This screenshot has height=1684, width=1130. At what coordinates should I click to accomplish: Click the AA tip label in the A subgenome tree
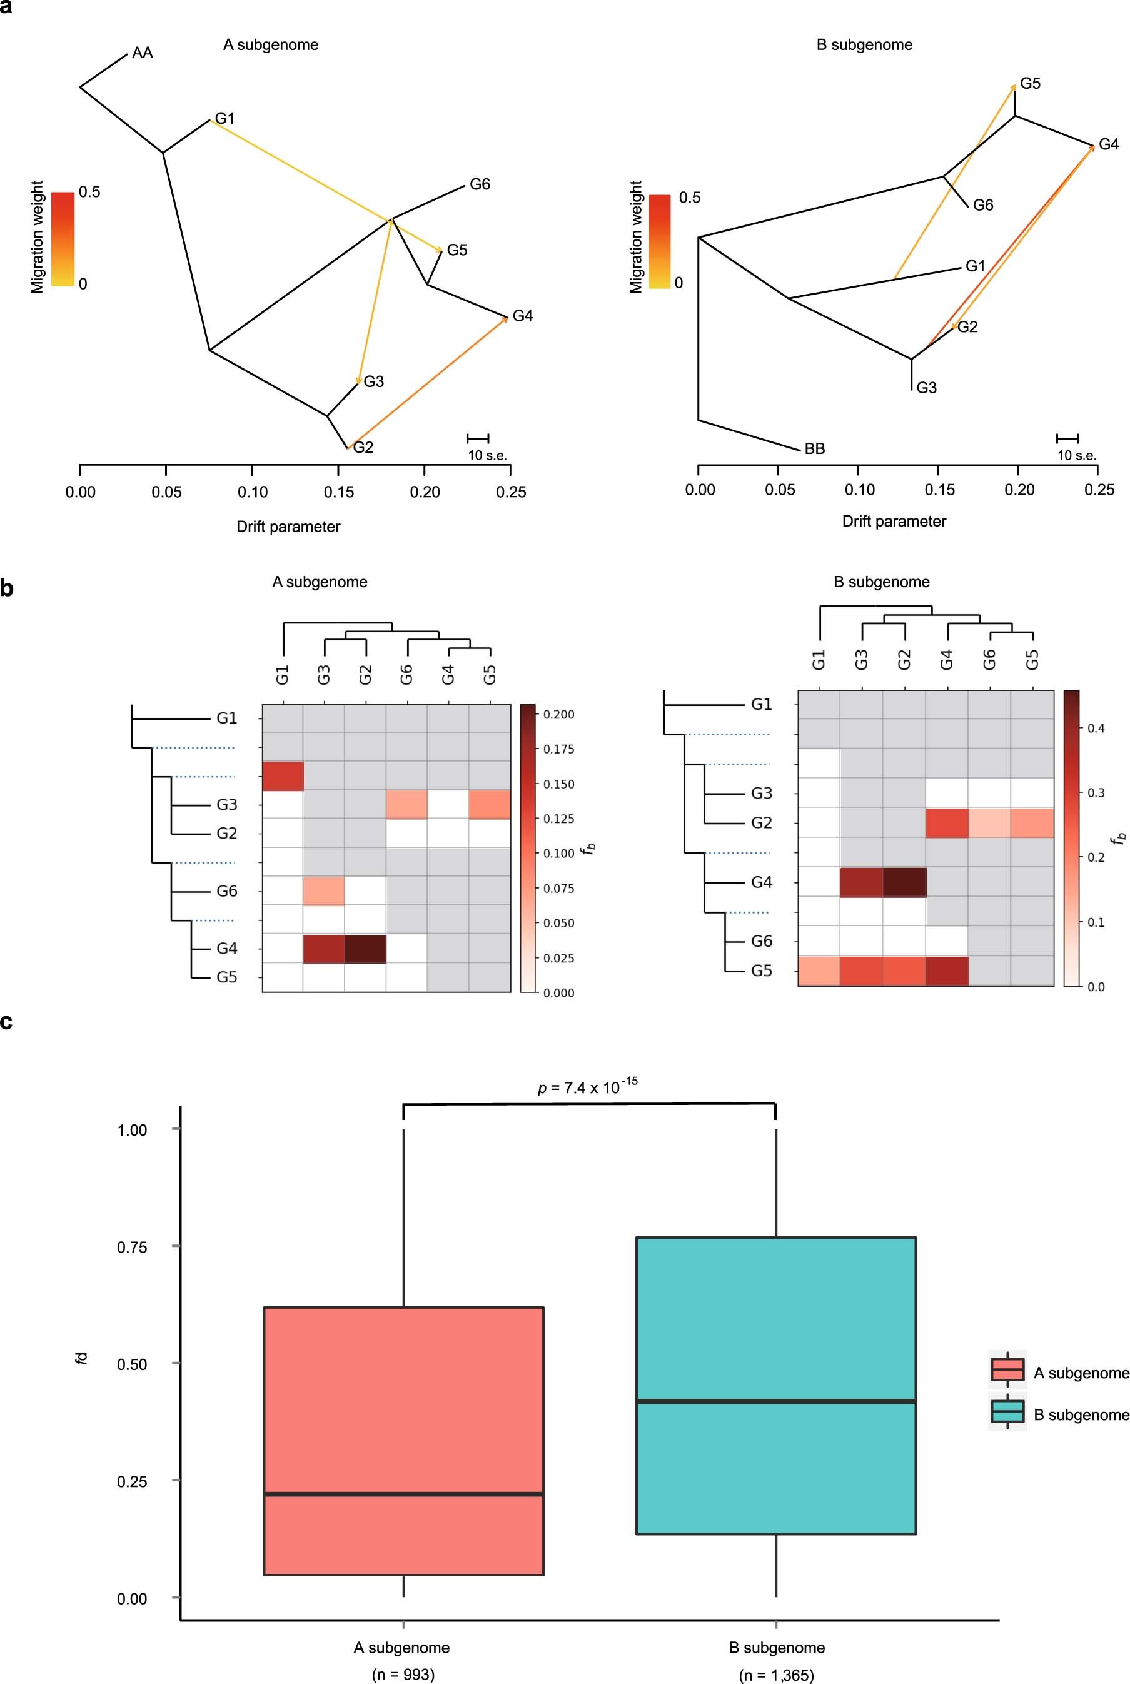(x=142, y=53)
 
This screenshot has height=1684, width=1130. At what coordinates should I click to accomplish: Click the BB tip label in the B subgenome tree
(x=814, y=449)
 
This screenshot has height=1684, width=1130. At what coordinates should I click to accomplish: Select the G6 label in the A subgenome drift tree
(x=479, y=184)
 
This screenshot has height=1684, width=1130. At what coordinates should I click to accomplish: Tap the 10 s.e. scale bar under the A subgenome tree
(x=478, y=438)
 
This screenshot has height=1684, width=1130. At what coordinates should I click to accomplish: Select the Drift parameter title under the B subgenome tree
(x=894, y=521)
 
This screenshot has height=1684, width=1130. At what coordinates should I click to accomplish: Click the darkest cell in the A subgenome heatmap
(x=365, y=948)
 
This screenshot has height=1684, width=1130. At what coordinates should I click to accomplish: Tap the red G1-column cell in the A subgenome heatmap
(x=283, y=776)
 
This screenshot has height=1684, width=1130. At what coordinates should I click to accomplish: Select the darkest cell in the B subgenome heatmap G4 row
(x=904, y=881)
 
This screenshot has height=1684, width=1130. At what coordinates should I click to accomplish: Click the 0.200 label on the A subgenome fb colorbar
(x=558, y=714)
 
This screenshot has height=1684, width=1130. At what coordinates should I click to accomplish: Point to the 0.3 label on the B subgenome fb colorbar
(x=1096, y=793)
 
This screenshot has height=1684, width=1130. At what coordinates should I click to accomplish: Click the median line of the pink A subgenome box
(x=403, y=1495)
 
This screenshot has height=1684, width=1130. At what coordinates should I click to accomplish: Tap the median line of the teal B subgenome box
(x=775, y=1401)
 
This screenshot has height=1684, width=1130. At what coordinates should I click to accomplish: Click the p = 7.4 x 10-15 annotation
(x=588, y=1087)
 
